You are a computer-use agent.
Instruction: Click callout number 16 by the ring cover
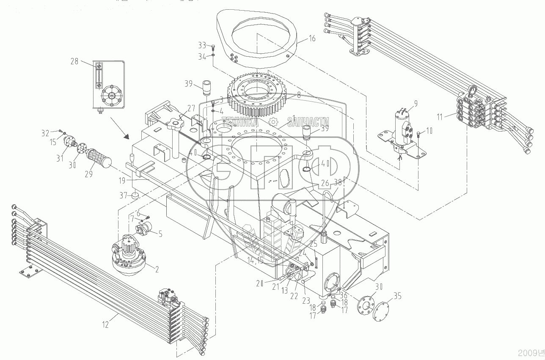coord(312,38)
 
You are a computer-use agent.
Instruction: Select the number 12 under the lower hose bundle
coord(105,325)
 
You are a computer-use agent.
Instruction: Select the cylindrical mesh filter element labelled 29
coord(99,159)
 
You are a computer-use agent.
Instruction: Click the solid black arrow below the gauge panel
coord(126,136)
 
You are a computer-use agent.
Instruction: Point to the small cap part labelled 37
coord(135,196)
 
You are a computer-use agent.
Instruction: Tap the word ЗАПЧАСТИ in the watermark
coord(308,122)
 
